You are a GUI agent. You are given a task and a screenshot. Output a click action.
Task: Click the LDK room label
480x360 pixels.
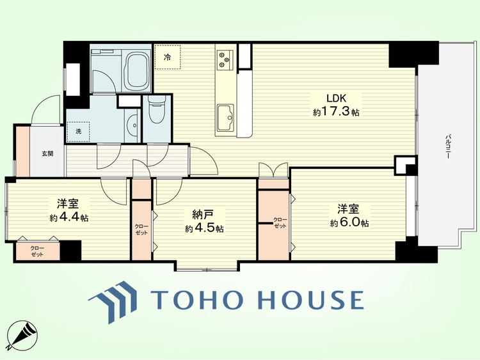tap(336, 98)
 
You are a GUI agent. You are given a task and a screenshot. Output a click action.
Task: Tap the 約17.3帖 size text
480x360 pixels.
tap(336, 112)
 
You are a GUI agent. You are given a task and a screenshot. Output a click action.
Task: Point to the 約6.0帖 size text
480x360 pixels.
tap(349, 223)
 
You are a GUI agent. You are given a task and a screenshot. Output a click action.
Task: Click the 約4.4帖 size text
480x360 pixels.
tap(69, 217)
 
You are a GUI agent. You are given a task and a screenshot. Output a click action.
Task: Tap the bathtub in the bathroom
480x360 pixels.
tap(138, 70)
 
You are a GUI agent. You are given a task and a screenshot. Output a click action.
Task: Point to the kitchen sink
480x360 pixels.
tap(225, 117)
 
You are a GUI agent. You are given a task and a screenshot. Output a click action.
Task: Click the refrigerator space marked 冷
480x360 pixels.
tap(168, 57)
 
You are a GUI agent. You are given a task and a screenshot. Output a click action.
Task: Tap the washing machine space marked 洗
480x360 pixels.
tap(78, 132)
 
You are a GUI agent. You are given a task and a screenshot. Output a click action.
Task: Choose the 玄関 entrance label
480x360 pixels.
tap(47, 153)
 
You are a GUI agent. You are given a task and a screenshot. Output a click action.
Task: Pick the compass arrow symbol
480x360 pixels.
tap(22, 336)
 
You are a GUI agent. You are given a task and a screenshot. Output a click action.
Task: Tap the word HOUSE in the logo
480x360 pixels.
tap(310, 299)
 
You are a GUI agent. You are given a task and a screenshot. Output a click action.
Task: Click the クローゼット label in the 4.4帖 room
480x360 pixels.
tap(37, 251)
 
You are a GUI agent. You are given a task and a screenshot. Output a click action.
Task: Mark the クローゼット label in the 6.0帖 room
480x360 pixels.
tap(280, 223)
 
